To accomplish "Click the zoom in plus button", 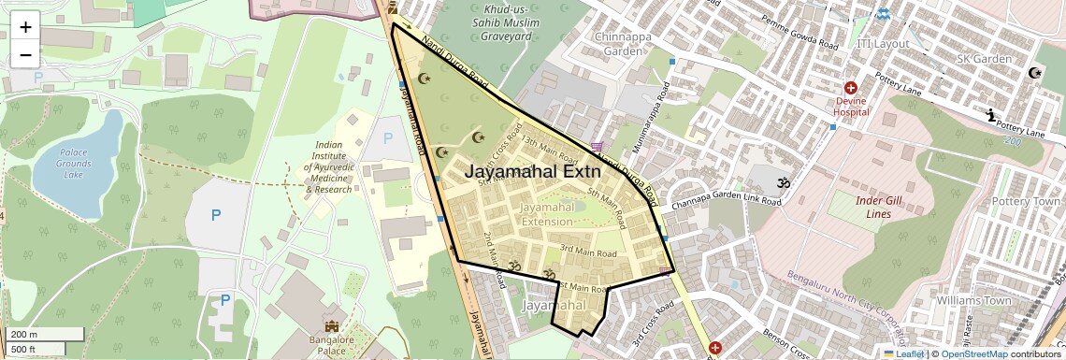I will (25, 26).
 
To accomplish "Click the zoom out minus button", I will (25, 54).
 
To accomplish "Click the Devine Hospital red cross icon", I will (851, 87).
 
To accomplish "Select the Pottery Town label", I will (1026, 201).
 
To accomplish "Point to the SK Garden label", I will (984, 59).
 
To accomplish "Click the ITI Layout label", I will (882, 44).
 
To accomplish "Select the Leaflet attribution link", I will (903, 353).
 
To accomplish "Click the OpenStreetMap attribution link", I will (973, 353).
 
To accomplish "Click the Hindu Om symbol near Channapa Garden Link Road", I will (784, 182).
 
